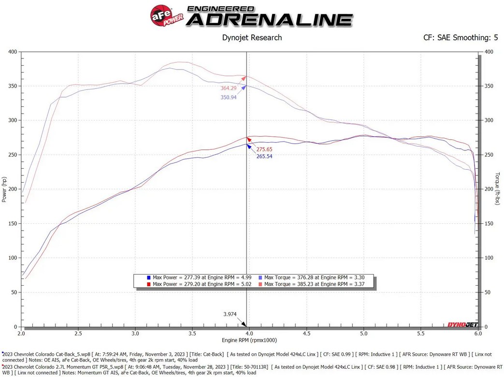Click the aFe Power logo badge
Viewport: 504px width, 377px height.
167,15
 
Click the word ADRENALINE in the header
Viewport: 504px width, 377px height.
269,20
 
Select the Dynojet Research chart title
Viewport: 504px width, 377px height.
252,38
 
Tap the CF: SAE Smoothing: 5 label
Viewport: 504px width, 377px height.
461,38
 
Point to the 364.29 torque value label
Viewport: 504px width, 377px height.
229,88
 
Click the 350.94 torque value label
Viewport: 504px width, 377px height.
229,97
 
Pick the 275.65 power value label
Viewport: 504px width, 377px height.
264,149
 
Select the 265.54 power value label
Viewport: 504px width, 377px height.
264,157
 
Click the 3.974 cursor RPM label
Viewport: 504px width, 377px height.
230,314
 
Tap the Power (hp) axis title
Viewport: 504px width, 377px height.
4,189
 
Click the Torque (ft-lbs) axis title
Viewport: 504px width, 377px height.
498,188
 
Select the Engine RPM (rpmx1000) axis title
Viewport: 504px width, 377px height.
249,340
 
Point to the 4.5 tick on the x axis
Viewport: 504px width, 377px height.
306,333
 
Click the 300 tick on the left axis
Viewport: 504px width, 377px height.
13,120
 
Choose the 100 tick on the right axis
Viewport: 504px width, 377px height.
489,258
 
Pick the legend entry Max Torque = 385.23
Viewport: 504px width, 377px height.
312,284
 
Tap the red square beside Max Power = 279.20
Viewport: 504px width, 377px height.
149,284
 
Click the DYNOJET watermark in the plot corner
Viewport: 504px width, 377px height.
462,325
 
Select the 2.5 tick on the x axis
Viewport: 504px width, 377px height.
78,333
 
